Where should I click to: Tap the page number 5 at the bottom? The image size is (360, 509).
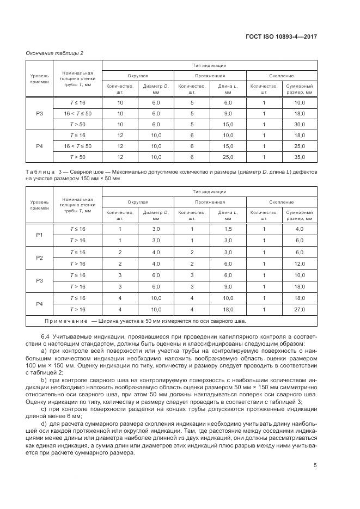click(315, 465)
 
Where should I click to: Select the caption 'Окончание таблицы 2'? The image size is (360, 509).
click(54, 53)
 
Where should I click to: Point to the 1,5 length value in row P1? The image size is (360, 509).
click(228, 229)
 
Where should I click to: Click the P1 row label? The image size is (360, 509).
click(39, 234)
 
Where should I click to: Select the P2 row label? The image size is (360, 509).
click(39, 257)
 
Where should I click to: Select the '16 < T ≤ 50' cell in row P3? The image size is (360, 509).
click(77, 113)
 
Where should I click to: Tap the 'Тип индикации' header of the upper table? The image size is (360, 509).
click(209, 65)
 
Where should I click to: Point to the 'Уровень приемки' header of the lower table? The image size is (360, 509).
click(39, 205)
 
